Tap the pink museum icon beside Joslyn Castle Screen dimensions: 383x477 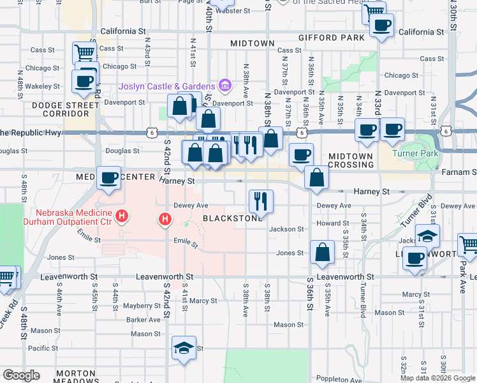224,85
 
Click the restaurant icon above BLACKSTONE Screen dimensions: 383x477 261,202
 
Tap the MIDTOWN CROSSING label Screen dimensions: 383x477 351,160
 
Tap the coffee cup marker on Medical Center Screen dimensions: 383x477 109,178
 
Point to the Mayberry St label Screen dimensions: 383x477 142,306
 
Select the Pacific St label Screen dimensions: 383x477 43,348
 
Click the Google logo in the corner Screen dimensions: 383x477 21,375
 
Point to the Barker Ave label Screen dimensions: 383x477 143,320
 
